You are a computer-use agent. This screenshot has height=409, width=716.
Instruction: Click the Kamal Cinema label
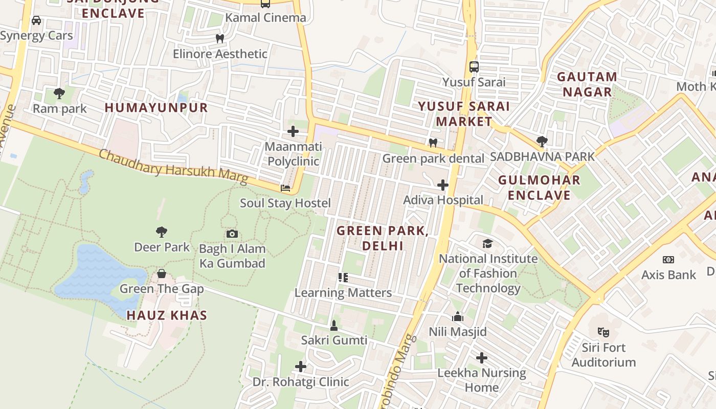coord(265,18)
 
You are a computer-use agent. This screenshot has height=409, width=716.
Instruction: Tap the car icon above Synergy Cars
coord(36,20)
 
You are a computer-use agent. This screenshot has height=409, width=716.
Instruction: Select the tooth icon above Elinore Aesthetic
coord(220,38)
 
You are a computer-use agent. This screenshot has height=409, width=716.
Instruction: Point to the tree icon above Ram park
coord(59,94)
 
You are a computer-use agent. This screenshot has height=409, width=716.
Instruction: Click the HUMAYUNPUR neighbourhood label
coord(156,108)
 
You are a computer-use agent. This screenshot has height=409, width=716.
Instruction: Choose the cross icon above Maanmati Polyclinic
coord(293,132)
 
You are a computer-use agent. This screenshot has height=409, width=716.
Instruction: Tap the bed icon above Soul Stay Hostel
coord(285,188)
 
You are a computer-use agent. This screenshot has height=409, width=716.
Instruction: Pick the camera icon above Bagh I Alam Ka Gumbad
coord(232,234)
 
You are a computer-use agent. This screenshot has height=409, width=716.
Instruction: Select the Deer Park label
coord(162,247)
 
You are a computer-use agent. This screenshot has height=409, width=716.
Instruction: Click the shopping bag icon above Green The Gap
coord(162,274)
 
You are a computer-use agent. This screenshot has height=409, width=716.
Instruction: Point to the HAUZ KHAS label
coord(167,315)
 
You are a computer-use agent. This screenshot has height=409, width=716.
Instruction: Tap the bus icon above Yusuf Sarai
coord(474,67)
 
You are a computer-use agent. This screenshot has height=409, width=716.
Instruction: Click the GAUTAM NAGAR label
coord(587,84)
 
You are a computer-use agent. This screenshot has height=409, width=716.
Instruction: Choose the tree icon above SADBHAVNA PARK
coord(542,141)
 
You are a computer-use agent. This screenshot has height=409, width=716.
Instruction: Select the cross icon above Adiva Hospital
coord(443,185)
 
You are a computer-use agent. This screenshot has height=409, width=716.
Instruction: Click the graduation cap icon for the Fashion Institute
coord(488,243)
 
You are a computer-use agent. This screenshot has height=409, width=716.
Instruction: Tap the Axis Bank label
coord(669,275)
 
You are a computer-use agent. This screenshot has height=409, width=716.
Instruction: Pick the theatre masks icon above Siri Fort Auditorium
coord(603,332)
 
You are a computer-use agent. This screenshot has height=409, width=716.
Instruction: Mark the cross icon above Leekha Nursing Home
coord(482,358)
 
